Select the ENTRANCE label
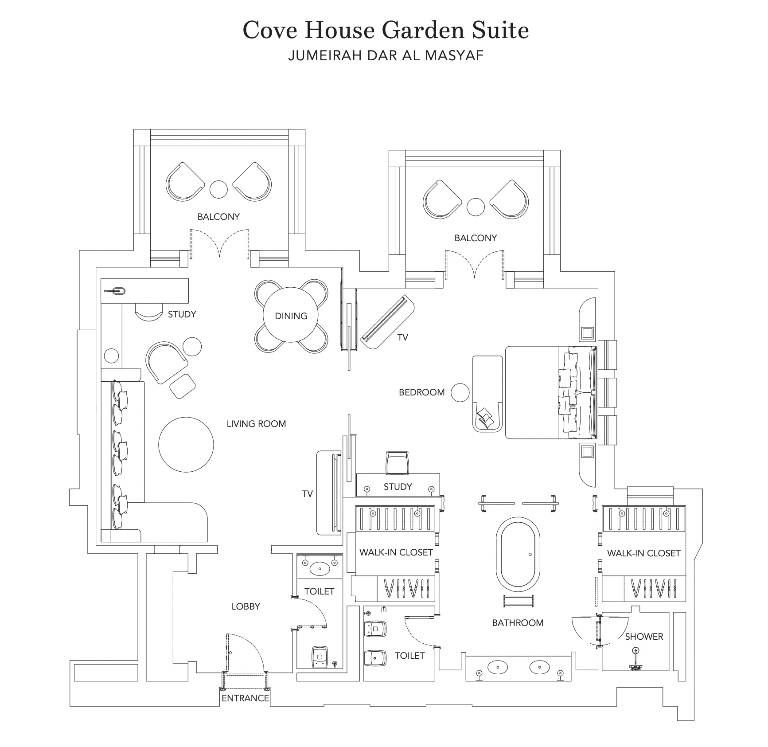(x=245, y=698)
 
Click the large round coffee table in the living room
(x=186, y=445)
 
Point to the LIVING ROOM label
(x=256, y=424)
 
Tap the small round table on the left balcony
(x=218, y=189)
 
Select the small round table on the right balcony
(x=476, y=207)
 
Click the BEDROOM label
(x=421, y=392)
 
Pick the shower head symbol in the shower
(x=636, y=659)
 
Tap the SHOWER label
(x=644, y=637)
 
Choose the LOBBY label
(x=246, y=606)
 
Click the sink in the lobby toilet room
(x=320, y=568)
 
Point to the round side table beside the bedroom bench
(x=460, y=393)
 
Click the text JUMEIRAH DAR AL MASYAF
(x=386, y=55)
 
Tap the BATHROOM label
(x=518, y=623)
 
